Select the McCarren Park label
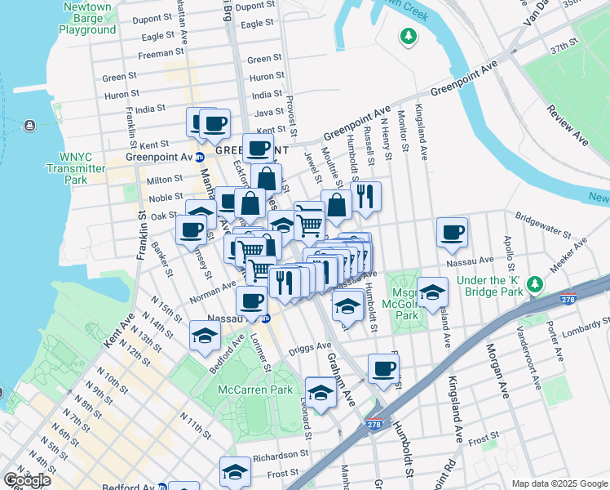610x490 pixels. coord(255,390)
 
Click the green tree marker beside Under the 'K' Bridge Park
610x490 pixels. coord(535,284)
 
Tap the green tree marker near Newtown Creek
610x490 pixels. coord(407,36)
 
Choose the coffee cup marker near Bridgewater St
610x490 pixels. coord(452,233)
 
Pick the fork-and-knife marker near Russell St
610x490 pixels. coord(365,196)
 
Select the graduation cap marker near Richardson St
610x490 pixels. coord(235,472)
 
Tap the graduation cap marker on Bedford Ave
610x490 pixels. coord(206,335)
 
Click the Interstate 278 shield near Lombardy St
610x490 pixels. coord(569,300)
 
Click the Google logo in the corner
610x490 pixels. coord(27,480)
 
